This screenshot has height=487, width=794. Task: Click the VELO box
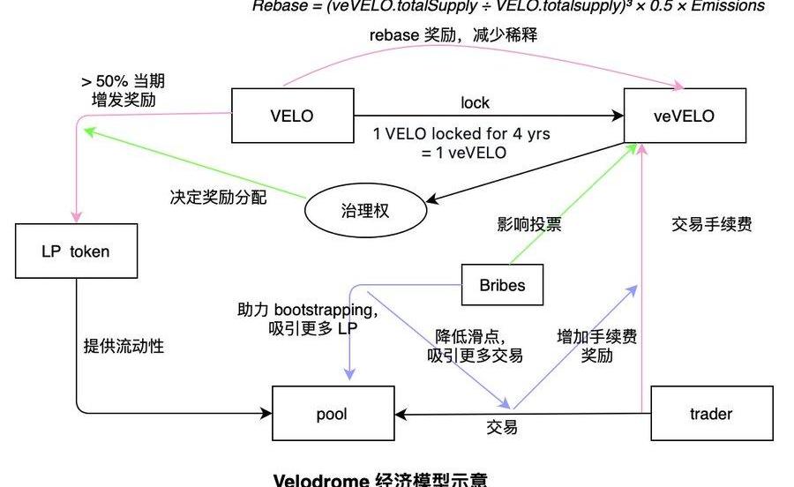(292, 116)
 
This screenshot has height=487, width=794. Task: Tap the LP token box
(76, 251)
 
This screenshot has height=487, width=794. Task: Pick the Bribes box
(502, 286)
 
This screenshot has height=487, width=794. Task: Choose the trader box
(711, 413)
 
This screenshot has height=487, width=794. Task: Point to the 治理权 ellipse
(364, 212)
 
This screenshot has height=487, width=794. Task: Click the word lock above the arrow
(475, 102)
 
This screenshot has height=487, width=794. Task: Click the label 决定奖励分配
(218, 197)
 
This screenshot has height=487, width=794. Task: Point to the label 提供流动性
(124, 345)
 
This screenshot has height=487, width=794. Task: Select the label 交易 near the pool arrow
(502, 428)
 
